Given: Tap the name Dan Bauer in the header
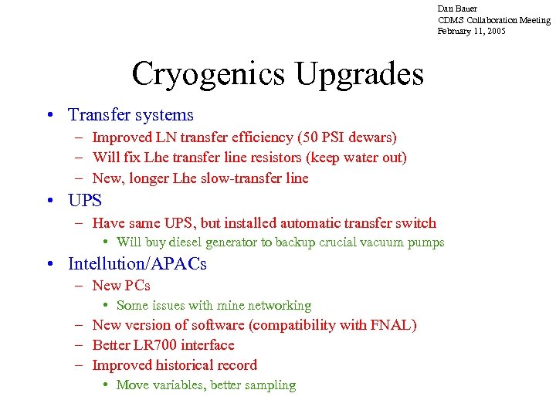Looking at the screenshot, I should [x=457, y=8].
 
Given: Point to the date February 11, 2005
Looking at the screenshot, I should [x=472, y=31].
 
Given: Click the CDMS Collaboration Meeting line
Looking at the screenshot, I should [x=494, y=20].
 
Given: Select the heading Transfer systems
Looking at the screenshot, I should [x=131, y=115].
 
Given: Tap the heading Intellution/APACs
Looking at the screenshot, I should [x=137, y=263].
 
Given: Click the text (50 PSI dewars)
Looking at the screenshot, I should [x=346, y=137].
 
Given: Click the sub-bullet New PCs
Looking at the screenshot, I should [x=121, y=286].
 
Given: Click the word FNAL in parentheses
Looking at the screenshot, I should [x=390, y=325].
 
